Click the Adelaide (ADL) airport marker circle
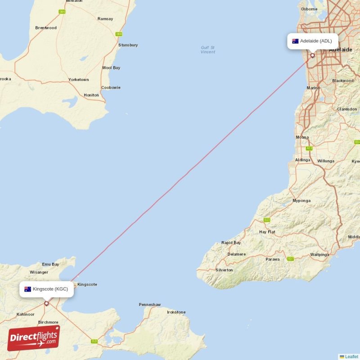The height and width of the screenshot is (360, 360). (312, 56)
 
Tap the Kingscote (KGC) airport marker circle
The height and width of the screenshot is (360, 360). (46, 303)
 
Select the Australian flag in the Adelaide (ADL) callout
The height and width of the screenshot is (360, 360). (295, 41)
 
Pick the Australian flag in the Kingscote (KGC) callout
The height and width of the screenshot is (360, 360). (28, 289)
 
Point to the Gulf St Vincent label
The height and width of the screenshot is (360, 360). (208, 49)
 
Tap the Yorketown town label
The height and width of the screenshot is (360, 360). (79, 80)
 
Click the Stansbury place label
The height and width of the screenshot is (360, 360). (128, 45)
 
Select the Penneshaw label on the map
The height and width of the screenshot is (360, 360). (149, 305)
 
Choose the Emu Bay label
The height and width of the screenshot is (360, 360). (50, 264)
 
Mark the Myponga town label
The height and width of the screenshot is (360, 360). (301, 200)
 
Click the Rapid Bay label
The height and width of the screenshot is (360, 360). (231, 243)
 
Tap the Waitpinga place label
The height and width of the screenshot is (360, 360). (320, 255)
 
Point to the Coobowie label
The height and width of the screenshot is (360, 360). (111, 87)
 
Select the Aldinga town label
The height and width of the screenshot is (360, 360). (302, 160)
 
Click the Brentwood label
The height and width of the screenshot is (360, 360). (46, 28)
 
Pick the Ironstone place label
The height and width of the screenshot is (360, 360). (176, 312)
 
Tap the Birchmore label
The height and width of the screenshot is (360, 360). (48, 322)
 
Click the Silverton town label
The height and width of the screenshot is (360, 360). (224, 270)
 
